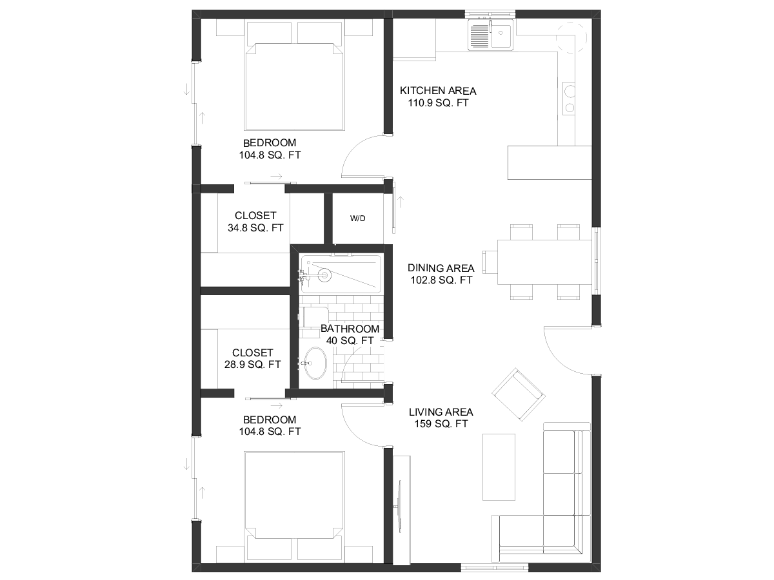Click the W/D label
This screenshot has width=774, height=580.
tap(357, 218)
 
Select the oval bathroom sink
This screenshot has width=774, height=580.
tap(315, 363)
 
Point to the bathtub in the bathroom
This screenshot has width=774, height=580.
tap(341, 274)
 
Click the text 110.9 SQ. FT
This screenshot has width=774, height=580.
tap(439, 103)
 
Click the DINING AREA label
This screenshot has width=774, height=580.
tap(441, 268)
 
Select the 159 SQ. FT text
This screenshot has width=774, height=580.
tap(441, 423)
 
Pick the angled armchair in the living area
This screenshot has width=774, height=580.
tap(519, 394)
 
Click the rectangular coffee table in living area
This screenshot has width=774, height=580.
tap(499, 467)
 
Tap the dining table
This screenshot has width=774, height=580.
tap(544, 262)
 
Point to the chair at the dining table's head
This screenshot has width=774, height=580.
tap(490, 262)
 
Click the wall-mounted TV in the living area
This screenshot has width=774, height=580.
tap(399, 507)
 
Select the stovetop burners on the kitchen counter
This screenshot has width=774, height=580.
tap(568, 99)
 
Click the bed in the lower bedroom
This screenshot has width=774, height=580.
tap(294, 507)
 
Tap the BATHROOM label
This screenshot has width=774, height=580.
tap(350, 329)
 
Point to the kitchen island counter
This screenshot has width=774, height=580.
tap(550, 162)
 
